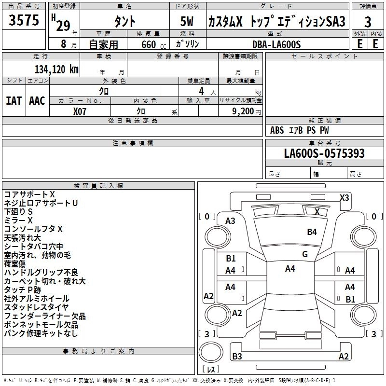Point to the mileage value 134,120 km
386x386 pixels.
pyautogui.click(x=56, y=69)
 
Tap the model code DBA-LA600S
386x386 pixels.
pyautogui.click(x=276, y=44)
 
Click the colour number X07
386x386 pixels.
pyautogui.click(x=80, y=111)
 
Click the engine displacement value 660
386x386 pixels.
pyautogui.click(x=149, y=45)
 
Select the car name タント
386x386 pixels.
pyautogui.click(x=124, y=22)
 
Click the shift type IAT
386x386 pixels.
pyautogui.click(x=14, y=101)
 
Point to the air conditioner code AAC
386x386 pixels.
pyautogui.click(x=37, y=101)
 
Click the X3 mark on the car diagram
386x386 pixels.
pyautogui.click(x=344, y=197)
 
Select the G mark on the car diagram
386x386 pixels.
pyautogui.click(x=305, y=254)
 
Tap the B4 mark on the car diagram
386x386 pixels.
pyautogui.click(x=312, y=232)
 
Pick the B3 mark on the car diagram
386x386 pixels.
pyautogui.click(x=237, y=357)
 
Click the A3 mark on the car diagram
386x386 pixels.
pyautogui.click(x=230, y=221)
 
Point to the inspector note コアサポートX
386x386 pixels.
pyautogui.click(x=29, y=194)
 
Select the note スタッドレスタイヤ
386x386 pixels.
pyautogui.click(x=36, y=307)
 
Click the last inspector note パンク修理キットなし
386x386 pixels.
pyautogui.click(x=41, y=333)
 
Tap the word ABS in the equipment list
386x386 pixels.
pyautogui.click(x=277, y=130)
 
